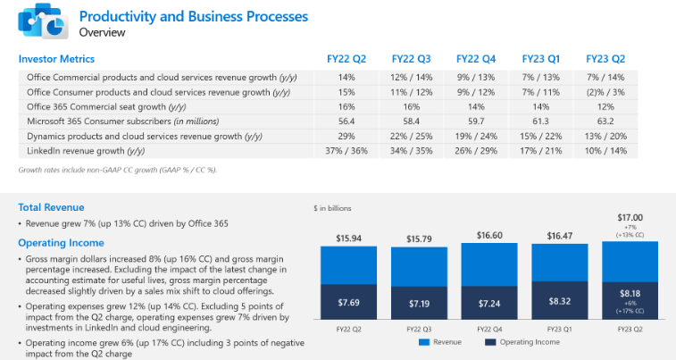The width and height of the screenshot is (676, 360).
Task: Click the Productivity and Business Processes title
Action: [x=194, y=16]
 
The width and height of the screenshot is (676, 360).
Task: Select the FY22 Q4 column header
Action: [x=476, y=59]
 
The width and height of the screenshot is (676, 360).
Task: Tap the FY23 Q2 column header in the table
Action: [x=605, y=59]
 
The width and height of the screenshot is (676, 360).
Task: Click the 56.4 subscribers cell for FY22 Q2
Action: [x=346, y=121]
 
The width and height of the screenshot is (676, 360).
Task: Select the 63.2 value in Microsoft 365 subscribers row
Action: [x=605, y=121]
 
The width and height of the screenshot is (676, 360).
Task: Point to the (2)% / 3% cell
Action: [x=605, y=91]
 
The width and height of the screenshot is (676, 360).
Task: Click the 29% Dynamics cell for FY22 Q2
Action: [x=346, y=136]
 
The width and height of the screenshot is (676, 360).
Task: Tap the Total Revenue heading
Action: [x=52, y=207]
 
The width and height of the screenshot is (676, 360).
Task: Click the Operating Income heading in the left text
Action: [x=62, y=242]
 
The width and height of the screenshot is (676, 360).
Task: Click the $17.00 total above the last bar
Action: [x=630, y=216]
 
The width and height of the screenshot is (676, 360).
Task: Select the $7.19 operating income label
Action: [x=421, y=304]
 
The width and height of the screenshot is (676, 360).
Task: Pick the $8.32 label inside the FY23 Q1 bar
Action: [x=560, y=302]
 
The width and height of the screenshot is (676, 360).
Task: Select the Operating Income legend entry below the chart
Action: [x=525, y=342]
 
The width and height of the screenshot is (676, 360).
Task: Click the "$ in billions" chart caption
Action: [x=332, y=207]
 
